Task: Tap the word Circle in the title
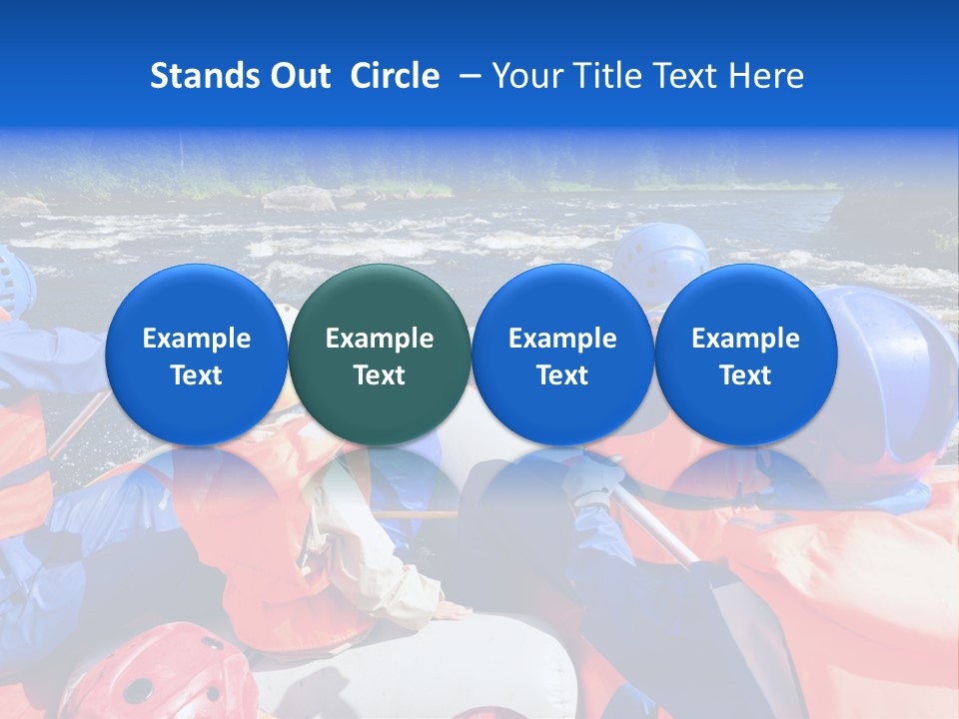click(x=395, y=76)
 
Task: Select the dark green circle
click(x=380, y=355)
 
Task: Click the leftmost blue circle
click(x=196, y=355)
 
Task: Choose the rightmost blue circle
click(x=745, y=355)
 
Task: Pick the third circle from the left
click(x=562, y=355)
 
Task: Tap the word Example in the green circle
click(x=380, y=339)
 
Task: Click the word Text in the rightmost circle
click(x=745, y=375)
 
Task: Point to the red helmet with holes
click(x=160, y=674)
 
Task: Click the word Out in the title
click(x=301, y=76)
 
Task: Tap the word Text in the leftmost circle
click(x=196, y=375)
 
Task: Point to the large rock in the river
click(x=298, y=199)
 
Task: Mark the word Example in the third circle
click(x=562, y=339)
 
